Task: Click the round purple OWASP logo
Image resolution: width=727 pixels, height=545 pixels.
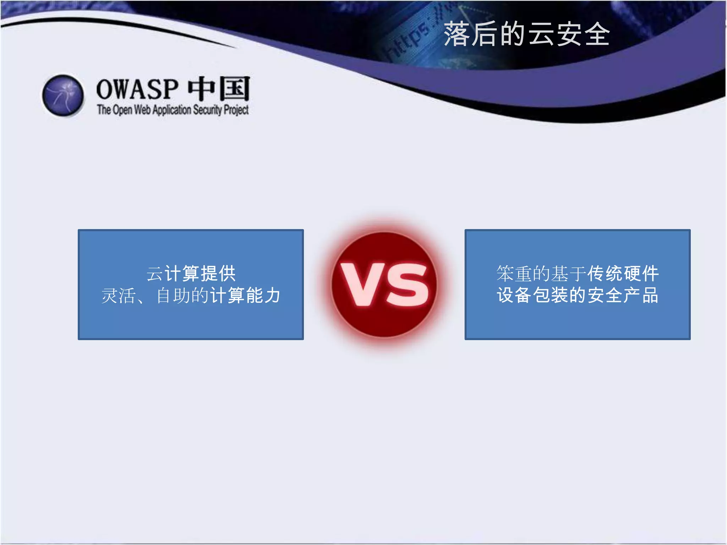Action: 63,95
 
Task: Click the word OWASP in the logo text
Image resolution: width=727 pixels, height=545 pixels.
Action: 137,89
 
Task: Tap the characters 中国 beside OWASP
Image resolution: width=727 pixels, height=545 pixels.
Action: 219,89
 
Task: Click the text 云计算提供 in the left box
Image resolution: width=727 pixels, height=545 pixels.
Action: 191,274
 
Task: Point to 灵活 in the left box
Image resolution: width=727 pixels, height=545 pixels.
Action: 118,296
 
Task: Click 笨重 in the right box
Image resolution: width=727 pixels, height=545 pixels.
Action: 514,274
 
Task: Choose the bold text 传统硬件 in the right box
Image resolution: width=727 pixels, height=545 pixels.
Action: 623,274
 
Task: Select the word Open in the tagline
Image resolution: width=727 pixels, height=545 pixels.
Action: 122,110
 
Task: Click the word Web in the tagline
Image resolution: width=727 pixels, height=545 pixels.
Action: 142,110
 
